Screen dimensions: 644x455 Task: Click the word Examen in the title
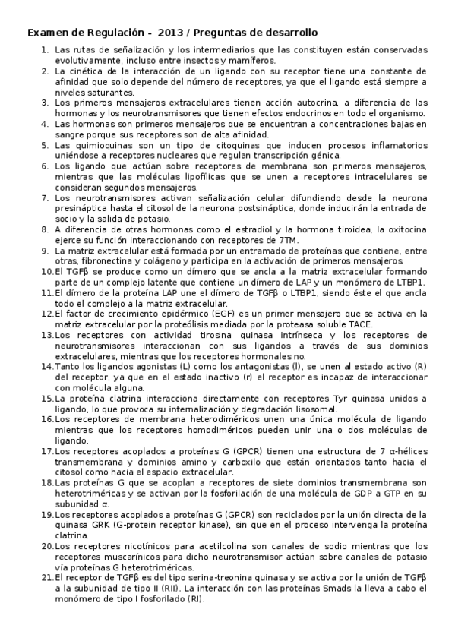pos(49,33)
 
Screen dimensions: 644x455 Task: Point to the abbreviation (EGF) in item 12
pos(204,313)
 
